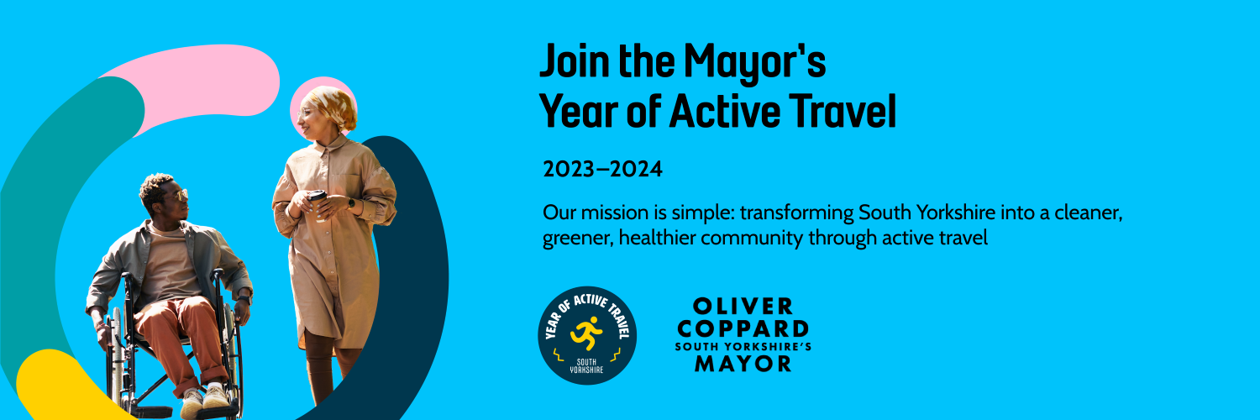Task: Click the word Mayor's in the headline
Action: coord(755,63)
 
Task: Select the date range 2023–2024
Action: coord(602,169)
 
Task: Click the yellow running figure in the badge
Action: coord(586,333)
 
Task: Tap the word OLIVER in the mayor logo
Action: coord(743,307)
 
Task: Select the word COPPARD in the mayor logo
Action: coord(743,329)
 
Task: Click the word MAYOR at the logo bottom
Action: coord(743,364)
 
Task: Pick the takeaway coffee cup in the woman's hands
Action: coord(318,203)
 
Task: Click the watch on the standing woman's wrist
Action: coord(351,203)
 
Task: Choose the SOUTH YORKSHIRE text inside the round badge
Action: coord(586,366)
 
